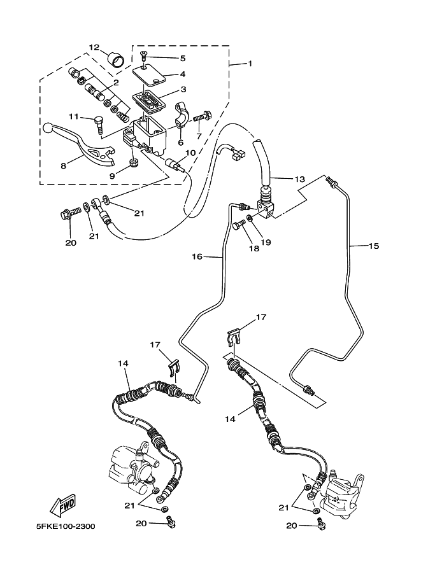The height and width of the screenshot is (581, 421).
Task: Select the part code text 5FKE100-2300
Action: [67, 527]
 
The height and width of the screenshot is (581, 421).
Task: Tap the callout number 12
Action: [94, 47]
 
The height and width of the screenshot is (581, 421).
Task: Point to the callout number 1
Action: [250, 64]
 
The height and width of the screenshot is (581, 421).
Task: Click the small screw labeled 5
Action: [145, 58]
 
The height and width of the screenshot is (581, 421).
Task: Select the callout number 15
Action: [373, 245]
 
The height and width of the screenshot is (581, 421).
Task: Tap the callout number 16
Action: [197, 256]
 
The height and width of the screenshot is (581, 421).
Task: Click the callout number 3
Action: [182, 90]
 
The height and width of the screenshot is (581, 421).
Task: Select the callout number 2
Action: [115, 83]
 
